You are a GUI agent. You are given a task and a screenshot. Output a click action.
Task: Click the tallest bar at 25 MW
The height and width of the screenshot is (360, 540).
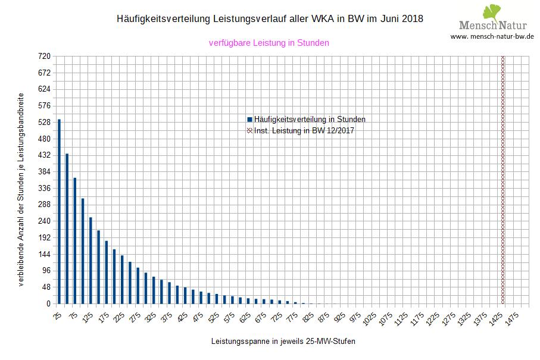[59, 211]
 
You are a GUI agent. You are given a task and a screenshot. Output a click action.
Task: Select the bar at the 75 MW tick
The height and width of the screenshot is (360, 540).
[75, 240]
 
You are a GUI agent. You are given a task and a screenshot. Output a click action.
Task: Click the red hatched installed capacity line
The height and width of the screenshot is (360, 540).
[502, 179]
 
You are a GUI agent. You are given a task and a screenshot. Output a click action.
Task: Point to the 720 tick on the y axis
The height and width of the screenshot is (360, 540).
[45, 57]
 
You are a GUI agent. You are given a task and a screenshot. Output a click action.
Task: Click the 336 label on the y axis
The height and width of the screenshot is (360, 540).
[45, 188]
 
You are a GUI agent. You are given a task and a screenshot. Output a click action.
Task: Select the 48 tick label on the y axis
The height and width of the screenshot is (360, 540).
[46, 287]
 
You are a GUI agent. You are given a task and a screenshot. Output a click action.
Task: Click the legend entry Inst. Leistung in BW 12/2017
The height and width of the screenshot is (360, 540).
[304, 130]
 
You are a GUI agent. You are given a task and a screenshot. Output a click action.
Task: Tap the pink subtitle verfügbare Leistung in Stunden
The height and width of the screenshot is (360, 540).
[269, 43]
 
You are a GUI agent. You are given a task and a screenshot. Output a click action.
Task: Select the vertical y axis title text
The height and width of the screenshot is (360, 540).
[21, 189]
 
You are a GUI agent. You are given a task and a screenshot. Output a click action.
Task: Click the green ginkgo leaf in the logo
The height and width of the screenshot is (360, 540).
[492, 12]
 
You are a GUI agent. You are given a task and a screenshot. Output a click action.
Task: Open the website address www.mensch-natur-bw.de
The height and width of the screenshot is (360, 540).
[492, 36]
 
